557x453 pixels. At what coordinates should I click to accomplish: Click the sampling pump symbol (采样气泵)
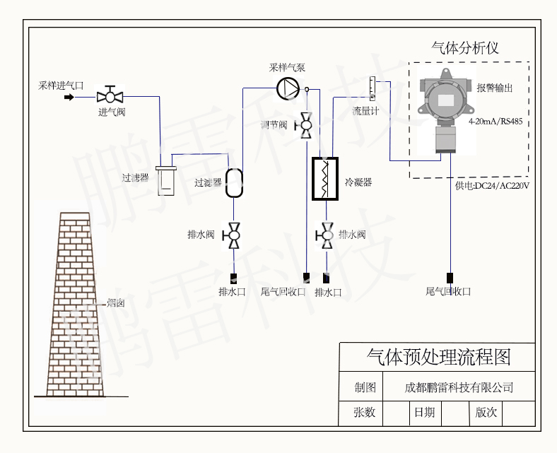(288, 88)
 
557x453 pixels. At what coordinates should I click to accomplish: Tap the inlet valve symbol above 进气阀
(110, 95)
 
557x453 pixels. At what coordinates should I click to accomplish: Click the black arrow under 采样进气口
(69, 96)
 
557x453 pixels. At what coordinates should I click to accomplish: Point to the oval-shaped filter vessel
(234, 182)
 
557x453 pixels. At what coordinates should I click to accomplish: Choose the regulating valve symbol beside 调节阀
(307, 124)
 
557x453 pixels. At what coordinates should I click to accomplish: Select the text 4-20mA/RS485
(496, 121)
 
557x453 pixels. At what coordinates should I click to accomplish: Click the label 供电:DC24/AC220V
(492, 186)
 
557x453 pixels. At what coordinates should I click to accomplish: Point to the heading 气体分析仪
(465, 48)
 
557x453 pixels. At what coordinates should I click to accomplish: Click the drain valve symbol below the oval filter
(234, 234)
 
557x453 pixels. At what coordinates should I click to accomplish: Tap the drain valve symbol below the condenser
(327, 234)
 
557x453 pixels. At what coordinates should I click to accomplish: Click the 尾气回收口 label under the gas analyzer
(448, 291)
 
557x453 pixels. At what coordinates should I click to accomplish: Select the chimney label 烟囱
(115, 303)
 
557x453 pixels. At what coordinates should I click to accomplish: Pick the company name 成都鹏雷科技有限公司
(459, 387)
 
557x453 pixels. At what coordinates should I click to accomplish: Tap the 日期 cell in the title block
(425, 412)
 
